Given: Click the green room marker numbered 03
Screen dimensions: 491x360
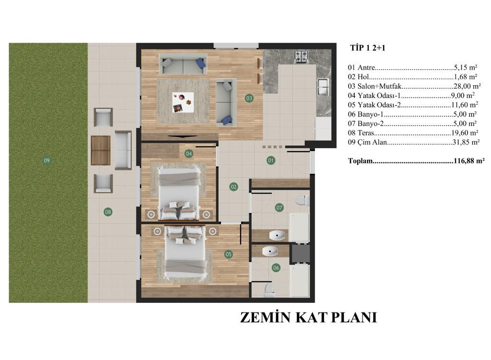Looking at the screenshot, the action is [x=249, y=98].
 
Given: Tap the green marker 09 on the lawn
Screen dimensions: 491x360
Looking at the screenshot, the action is [x=47, y=161].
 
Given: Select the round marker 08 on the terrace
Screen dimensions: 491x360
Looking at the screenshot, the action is [x=108, y=212].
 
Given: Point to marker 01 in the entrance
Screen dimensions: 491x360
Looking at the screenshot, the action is [x=271, y=161].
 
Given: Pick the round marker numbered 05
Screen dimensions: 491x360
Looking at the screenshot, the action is [x=229, y=254].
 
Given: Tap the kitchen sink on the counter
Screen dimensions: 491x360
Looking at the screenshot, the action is [x=323, y=87].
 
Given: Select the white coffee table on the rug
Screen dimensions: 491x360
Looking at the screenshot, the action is [x=183, y=103].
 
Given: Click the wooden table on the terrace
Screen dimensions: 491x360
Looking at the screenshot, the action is [x=101, y=150].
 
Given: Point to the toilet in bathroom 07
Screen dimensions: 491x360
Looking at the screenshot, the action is [x=303, y=200].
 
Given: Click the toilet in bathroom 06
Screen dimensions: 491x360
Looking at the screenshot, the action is [x=269, y=290].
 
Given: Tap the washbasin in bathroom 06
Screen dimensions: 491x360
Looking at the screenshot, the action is [x=270, y=250].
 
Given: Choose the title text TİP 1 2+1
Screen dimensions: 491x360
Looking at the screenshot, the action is [x=368, y=48].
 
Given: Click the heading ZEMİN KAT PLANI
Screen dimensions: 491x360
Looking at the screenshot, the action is [x=308, y=317].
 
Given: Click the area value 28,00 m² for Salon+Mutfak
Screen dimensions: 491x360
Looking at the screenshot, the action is [x=467, y=86].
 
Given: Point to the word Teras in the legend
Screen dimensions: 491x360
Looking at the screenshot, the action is [x=366, y=133].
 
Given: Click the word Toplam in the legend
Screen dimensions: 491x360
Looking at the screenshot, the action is [x=361, y=161].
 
